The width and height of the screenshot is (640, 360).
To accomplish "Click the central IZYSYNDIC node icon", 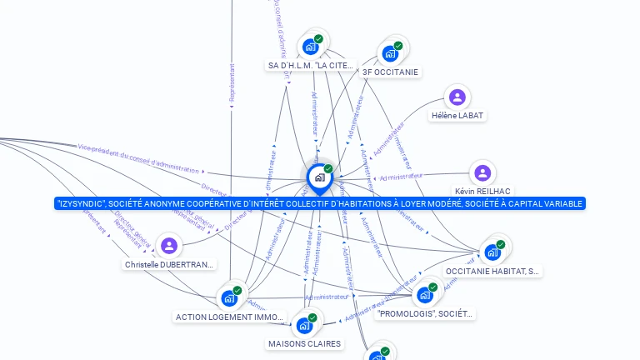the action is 319,177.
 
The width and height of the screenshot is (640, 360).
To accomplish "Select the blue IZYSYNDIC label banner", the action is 320,203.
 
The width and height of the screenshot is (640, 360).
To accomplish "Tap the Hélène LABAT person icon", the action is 457,97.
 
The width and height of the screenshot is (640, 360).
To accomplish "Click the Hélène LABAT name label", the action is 457,115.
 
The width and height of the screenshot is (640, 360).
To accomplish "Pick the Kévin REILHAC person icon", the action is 482,173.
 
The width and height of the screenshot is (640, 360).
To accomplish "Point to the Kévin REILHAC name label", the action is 482,191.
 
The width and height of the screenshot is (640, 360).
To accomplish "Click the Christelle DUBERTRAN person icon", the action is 169,246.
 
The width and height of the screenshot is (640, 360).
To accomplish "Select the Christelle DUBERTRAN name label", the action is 170,264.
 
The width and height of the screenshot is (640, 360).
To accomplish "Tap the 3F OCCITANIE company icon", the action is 390,53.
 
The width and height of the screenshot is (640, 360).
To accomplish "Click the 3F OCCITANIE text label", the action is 390,72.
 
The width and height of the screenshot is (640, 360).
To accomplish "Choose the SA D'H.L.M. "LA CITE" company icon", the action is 311,47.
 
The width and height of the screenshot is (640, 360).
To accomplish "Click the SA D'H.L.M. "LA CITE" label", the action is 311,65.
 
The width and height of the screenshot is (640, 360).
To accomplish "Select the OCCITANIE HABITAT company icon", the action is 492,252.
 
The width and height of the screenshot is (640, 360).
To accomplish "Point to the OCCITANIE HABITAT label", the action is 492,271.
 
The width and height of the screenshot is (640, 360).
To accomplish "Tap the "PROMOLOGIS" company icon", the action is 425,295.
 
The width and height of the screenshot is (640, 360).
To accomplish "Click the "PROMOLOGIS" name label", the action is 425,313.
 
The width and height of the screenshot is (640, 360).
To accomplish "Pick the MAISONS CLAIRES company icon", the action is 304,326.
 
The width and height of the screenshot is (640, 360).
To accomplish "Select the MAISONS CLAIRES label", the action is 304,343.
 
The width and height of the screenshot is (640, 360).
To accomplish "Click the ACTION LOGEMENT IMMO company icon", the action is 229,298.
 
